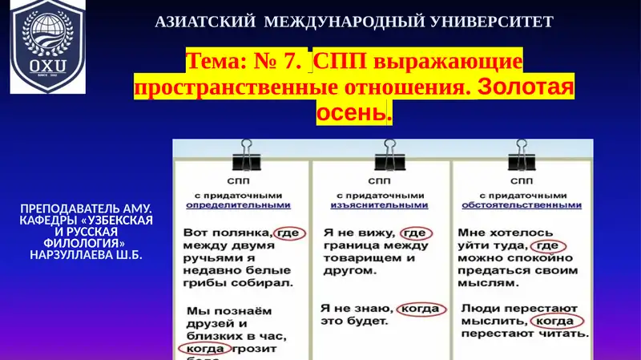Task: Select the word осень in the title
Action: [353, 114]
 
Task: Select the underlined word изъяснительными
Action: [379, 204]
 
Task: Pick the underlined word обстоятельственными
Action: [520, 204]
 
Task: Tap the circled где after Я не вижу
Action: [414, 232]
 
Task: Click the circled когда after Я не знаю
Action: [419, 307]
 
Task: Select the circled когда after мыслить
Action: [554, 321]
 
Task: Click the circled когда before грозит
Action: [207, 350]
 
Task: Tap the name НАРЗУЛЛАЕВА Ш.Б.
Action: [87, 254]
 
